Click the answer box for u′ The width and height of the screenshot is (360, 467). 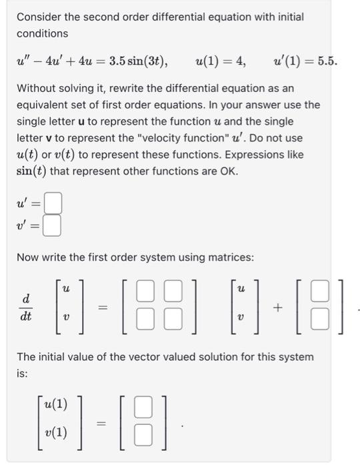click(54, 201)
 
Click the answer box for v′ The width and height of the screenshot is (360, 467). click(54, 227)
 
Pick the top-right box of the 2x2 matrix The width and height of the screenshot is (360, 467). click(173, 292)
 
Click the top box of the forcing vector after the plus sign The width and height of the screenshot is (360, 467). click(321, 292)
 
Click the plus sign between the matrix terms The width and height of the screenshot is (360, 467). click(277, 306)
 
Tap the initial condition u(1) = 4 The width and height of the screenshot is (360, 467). click(221, 62)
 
